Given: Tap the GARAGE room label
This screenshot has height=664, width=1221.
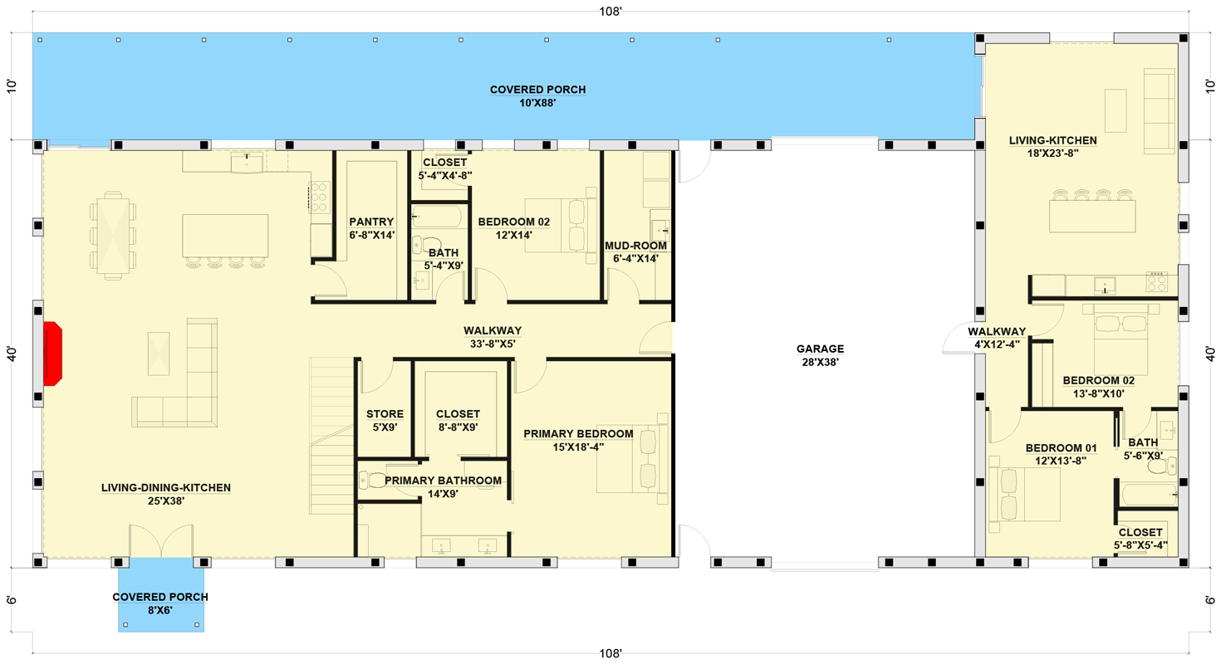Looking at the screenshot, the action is tap(820, 349).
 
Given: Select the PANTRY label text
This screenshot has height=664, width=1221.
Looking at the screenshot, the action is tap(371, 222).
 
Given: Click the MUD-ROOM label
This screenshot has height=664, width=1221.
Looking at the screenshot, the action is tap(635, 246).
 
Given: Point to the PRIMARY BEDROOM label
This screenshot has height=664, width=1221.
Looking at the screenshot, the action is tap(578, 433).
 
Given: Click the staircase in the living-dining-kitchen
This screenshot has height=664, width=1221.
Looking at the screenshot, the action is tap(331, 436).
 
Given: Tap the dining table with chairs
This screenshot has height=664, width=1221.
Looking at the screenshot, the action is tap(113, 236).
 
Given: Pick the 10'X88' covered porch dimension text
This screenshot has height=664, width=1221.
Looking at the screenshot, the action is tap(537, 103).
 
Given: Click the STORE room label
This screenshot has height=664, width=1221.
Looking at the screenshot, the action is tap(385, 414).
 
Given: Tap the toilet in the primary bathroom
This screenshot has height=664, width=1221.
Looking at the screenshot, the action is tap(373, 480).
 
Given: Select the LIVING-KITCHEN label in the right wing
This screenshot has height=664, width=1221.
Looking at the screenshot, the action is tap(1052, 140).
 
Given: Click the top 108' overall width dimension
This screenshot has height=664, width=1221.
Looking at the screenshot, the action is tap(610, 12).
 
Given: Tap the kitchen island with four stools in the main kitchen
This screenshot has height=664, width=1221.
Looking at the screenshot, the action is tap(225, 241).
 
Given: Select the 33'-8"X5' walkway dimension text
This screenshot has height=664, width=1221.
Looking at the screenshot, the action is tap(493, 344).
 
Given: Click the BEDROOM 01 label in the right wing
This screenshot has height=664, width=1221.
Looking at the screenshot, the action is tap(1061, 447).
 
